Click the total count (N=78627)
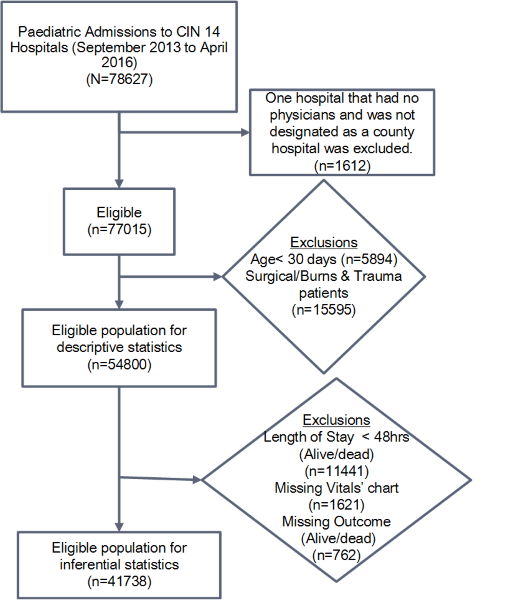coord(119,79)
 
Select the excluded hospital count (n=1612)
coord(342,165)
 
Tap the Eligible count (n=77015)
coord(119,229)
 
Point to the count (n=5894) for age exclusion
coord(369,259)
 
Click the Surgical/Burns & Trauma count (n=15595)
coord(324,310)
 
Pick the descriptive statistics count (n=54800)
coord(119,364)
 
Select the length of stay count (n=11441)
coord(337,471)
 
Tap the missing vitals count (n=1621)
coord(337,505)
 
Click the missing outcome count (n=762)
coord(337,555)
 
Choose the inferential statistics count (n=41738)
coord(119,582)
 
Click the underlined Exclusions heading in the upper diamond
coord(324,242)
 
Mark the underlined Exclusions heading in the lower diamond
coord(337,420)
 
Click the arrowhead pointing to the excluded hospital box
coord(245,132)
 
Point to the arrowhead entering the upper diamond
coord(218,276)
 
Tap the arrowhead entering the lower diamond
coord(197,479)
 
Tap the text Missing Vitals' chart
coord(337,488)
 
